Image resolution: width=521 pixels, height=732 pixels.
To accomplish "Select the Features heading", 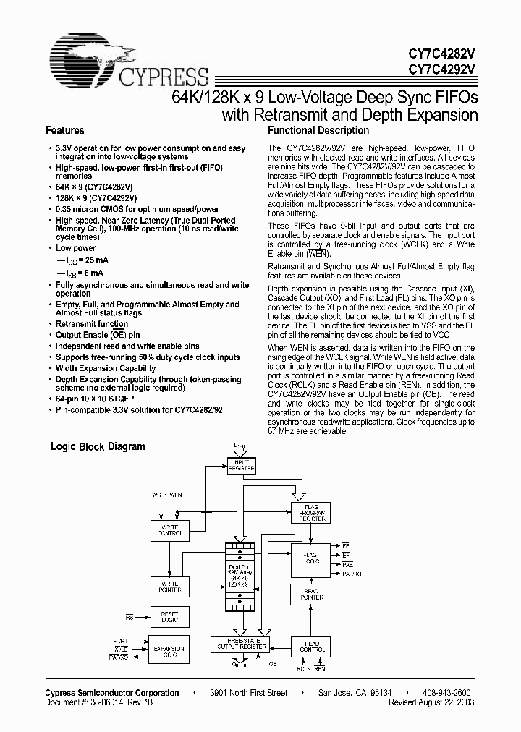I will pyautogui.click(x=65, y=131).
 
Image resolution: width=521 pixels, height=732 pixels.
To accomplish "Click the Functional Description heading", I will pyautogui.click(x=318, y=131).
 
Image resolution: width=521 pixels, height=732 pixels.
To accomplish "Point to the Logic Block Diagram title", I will pyautogui.click(x=97, y=447).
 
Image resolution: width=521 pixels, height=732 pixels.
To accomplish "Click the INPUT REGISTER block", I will pyautogui.click(x=242, y=466).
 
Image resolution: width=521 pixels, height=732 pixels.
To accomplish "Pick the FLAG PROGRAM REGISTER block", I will pyautogui.click(x=310, y=513).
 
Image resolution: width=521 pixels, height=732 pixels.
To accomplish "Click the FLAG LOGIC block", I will pyautogui.click(x=310, y=558).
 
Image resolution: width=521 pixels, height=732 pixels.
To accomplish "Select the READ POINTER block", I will pyautogui.click(x=310, y=595).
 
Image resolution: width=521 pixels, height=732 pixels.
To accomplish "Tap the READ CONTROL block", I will pyautogui.click(x=310, y=645).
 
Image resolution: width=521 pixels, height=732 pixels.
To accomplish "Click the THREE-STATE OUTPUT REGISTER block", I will pyautogui.click(x=239, y=644).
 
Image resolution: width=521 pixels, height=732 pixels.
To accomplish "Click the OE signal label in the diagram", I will pyautogui.click(x=273, y=663).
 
